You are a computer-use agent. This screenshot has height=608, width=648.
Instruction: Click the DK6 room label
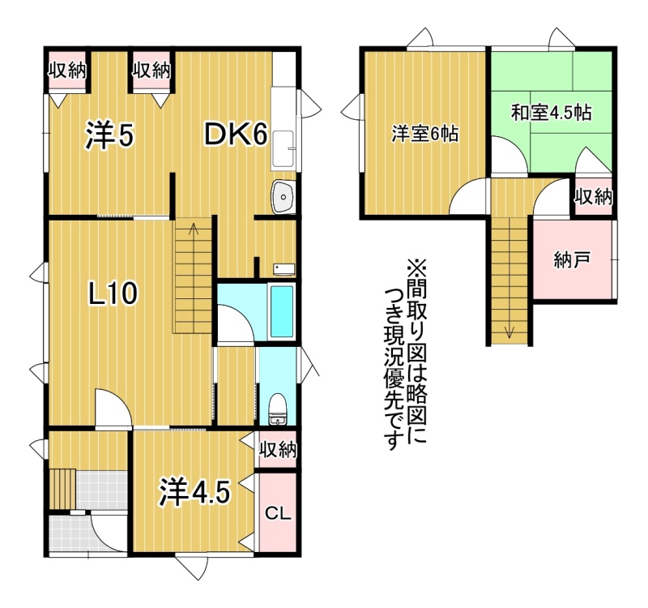pos(237,135)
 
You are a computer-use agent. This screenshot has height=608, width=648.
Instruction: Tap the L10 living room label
pos(113,293)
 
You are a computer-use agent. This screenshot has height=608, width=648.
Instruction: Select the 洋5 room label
pos(110,135)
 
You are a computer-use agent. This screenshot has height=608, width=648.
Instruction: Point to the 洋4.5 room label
pos(194,492)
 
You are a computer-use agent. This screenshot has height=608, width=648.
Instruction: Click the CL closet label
pos(278,514)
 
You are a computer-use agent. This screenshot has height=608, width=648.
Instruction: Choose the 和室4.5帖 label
pos(552,113)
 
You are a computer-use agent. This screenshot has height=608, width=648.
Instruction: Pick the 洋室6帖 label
pos(424,135)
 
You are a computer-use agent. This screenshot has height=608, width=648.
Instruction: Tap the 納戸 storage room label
pos(572,260)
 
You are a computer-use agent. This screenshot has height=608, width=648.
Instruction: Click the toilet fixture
pos(277,409)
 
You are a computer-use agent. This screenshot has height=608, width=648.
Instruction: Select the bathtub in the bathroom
pos(282,311)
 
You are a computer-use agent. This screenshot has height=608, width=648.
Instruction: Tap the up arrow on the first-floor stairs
pos(193,229)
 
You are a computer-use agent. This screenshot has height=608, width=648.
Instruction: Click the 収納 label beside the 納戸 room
pos(594,197)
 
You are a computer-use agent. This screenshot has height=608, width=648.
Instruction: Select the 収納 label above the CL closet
pos(278,450)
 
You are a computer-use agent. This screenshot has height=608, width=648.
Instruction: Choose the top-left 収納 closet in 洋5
pos(68,71)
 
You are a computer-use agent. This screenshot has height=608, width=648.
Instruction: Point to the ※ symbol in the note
pos(416,269)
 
